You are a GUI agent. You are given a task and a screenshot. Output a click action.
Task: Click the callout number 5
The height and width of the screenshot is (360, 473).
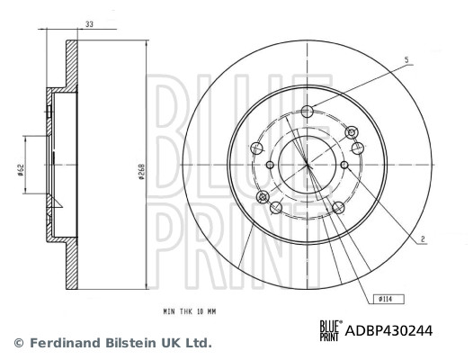coord(406,59)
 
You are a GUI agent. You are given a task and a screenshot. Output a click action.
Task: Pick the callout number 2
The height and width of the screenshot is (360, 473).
coord(422,238)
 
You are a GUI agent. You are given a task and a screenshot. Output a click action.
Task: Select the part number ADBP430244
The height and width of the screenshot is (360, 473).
coord(388,331)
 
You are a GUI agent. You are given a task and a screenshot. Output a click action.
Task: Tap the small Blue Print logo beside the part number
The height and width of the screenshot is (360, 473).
coord(329,331)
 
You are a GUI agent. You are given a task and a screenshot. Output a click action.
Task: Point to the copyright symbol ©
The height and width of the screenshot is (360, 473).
coord(18,343)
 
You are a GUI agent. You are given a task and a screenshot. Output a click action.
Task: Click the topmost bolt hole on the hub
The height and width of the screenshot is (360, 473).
coord(308,112)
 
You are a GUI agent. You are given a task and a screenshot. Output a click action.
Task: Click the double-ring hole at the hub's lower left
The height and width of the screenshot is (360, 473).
coord(263,197)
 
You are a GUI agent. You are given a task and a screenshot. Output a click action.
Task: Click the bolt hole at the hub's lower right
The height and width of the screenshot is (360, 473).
coord(338,208)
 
